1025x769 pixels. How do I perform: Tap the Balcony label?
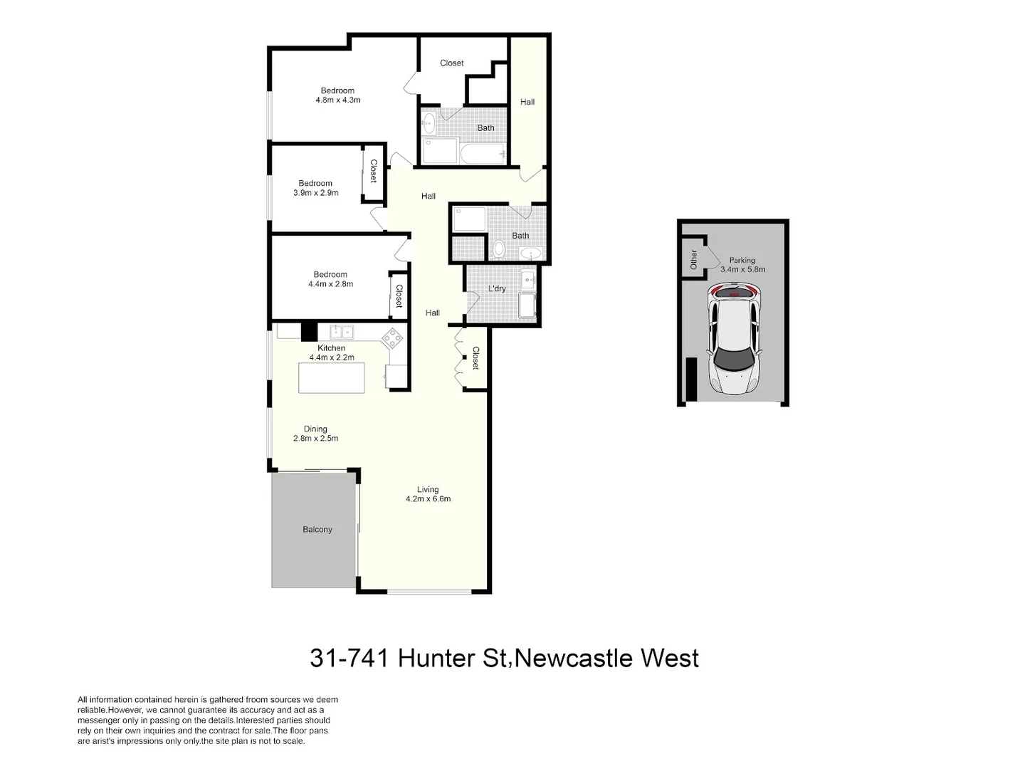[x=317, y=530]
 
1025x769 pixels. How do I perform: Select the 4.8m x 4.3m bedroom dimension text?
[x=338, y=100]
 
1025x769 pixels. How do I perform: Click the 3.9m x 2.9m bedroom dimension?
[x=315, y=193]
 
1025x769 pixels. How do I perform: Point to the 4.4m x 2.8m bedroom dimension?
[x=330, y=284]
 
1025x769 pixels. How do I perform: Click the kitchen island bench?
[x=332, y=378]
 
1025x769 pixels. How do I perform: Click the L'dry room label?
[x=497, y=288]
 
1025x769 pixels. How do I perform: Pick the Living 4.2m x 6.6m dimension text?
[x=428, y=499]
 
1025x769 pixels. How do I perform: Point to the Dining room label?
[x=315, y=429]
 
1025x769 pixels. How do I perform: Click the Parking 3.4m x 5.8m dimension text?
[x=742, y=270]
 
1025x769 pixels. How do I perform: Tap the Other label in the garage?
[x=694, y=259]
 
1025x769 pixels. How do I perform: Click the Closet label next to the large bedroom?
[x=451, y=63]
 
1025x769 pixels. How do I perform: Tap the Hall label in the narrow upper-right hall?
[x=527, y=102]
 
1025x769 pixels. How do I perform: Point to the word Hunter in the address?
[x=436, y=658]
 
